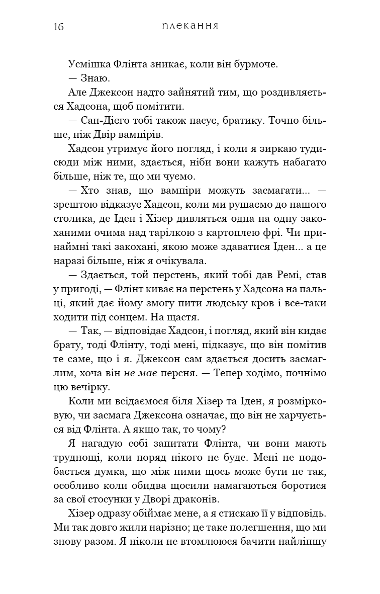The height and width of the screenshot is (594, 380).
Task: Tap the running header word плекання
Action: point(189,26)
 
